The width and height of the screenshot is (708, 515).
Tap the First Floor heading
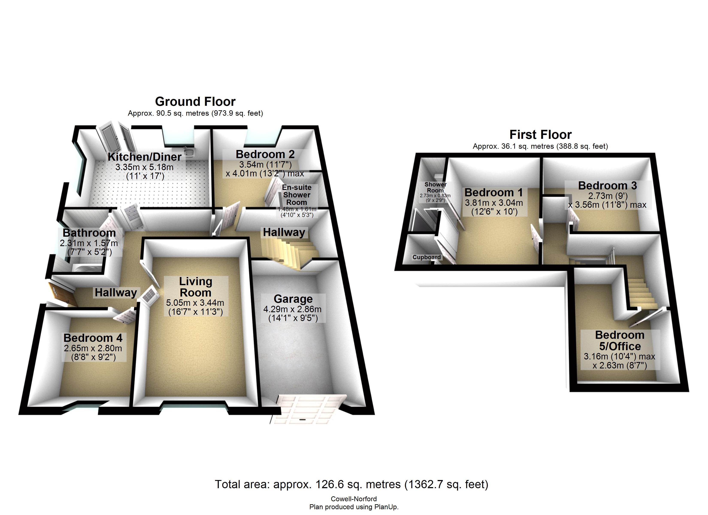click(540, 135)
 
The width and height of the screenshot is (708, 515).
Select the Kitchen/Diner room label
click(145, 157)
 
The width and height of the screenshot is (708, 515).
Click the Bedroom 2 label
click(265, 154)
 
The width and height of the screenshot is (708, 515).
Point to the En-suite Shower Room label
click(297, 195)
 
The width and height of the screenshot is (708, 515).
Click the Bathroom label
click(89, 233)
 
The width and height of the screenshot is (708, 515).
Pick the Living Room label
click(196, 287)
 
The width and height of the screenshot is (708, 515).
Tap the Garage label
click(293, 299)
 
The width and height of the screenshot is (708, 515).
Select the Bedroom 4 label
click(93, 338)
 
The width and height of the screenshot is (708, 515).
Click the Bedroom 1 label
click(493, 192)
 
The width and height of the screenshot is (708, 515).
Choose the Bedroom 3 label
click(607, 186)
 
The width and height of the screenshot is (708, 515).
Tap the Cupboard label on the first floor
click(427, 257)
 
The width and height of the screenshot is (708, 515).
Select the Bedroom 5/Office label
click(620, 341)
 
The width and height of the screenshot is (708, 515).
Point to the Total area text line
click(351, 484)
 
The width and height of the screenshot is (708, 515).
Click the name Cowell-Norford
click(354, 499)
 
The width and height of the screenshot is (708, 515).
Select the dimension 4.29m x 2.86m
click(292, 309)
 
